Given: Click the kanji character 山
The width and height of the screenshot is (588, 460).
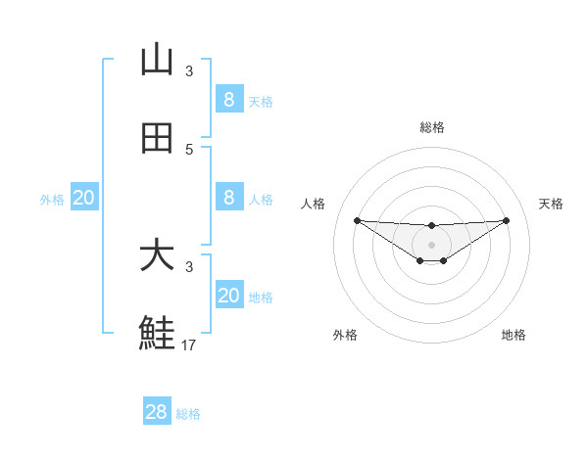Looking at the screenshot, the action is tap(157, 61).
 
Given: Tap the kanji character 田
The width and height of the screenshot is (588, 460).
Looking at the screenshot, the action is tap(157, 139).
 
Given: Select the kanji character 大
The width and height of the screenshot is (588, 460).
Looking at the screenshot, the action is tap(157, 256).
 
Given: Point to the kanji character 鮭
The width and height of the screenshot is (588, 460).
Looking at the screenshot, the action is tap(157, 334).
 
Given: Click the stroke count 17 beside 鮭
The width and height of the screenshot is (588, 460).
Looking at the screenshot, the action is tap(189, 345).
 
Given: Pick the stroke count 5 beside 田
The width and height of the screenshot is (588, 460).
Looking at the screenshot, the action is tap(189, 149).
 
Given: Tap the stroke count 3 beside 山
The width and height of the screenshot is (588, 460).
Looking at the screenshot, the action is tap(189, 70).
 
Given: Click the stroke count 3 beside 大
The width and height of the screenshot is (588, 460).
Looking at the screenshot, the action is tap(189, 266).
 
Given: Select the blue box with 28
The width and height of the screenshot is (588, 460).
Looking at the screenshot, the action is tap(157, 412).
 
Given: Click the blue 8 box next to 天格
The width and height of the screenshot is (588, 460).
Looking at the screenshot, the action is tap(228, 100).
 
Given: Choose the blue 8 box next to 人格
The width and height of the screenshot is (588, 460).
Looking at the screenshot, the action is tap(228, 198).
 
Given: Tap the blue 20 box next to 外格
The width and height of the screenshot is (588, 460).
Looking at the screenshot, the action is tap(84, 198).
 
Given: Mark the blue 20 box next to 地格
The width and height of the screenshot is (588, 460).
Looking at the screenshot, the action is tap(228, 296).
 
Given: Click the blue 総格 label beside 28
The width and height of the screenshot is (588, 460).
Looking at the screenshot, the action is tap(188, 414).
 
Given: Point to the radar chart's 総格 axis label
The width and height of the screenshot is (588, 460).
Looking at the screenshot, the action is tap(431, 127).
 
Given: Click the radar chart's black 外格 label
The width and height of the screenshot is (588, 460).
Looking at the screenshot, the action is tap(345, 336).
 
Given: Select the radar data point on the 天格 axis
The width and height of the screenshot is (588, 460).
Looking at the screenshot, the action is tap(507, 220).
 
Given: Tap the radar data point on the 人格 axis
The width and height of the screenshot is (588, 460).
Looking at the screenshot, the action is tap(357, 220).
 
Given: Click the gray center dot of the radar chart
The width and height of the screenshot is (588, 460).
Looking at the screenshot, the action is tap(431, 244).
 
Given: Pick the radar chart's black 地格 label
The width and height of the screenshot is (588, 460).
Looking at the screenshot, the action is tap(514, 336).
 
